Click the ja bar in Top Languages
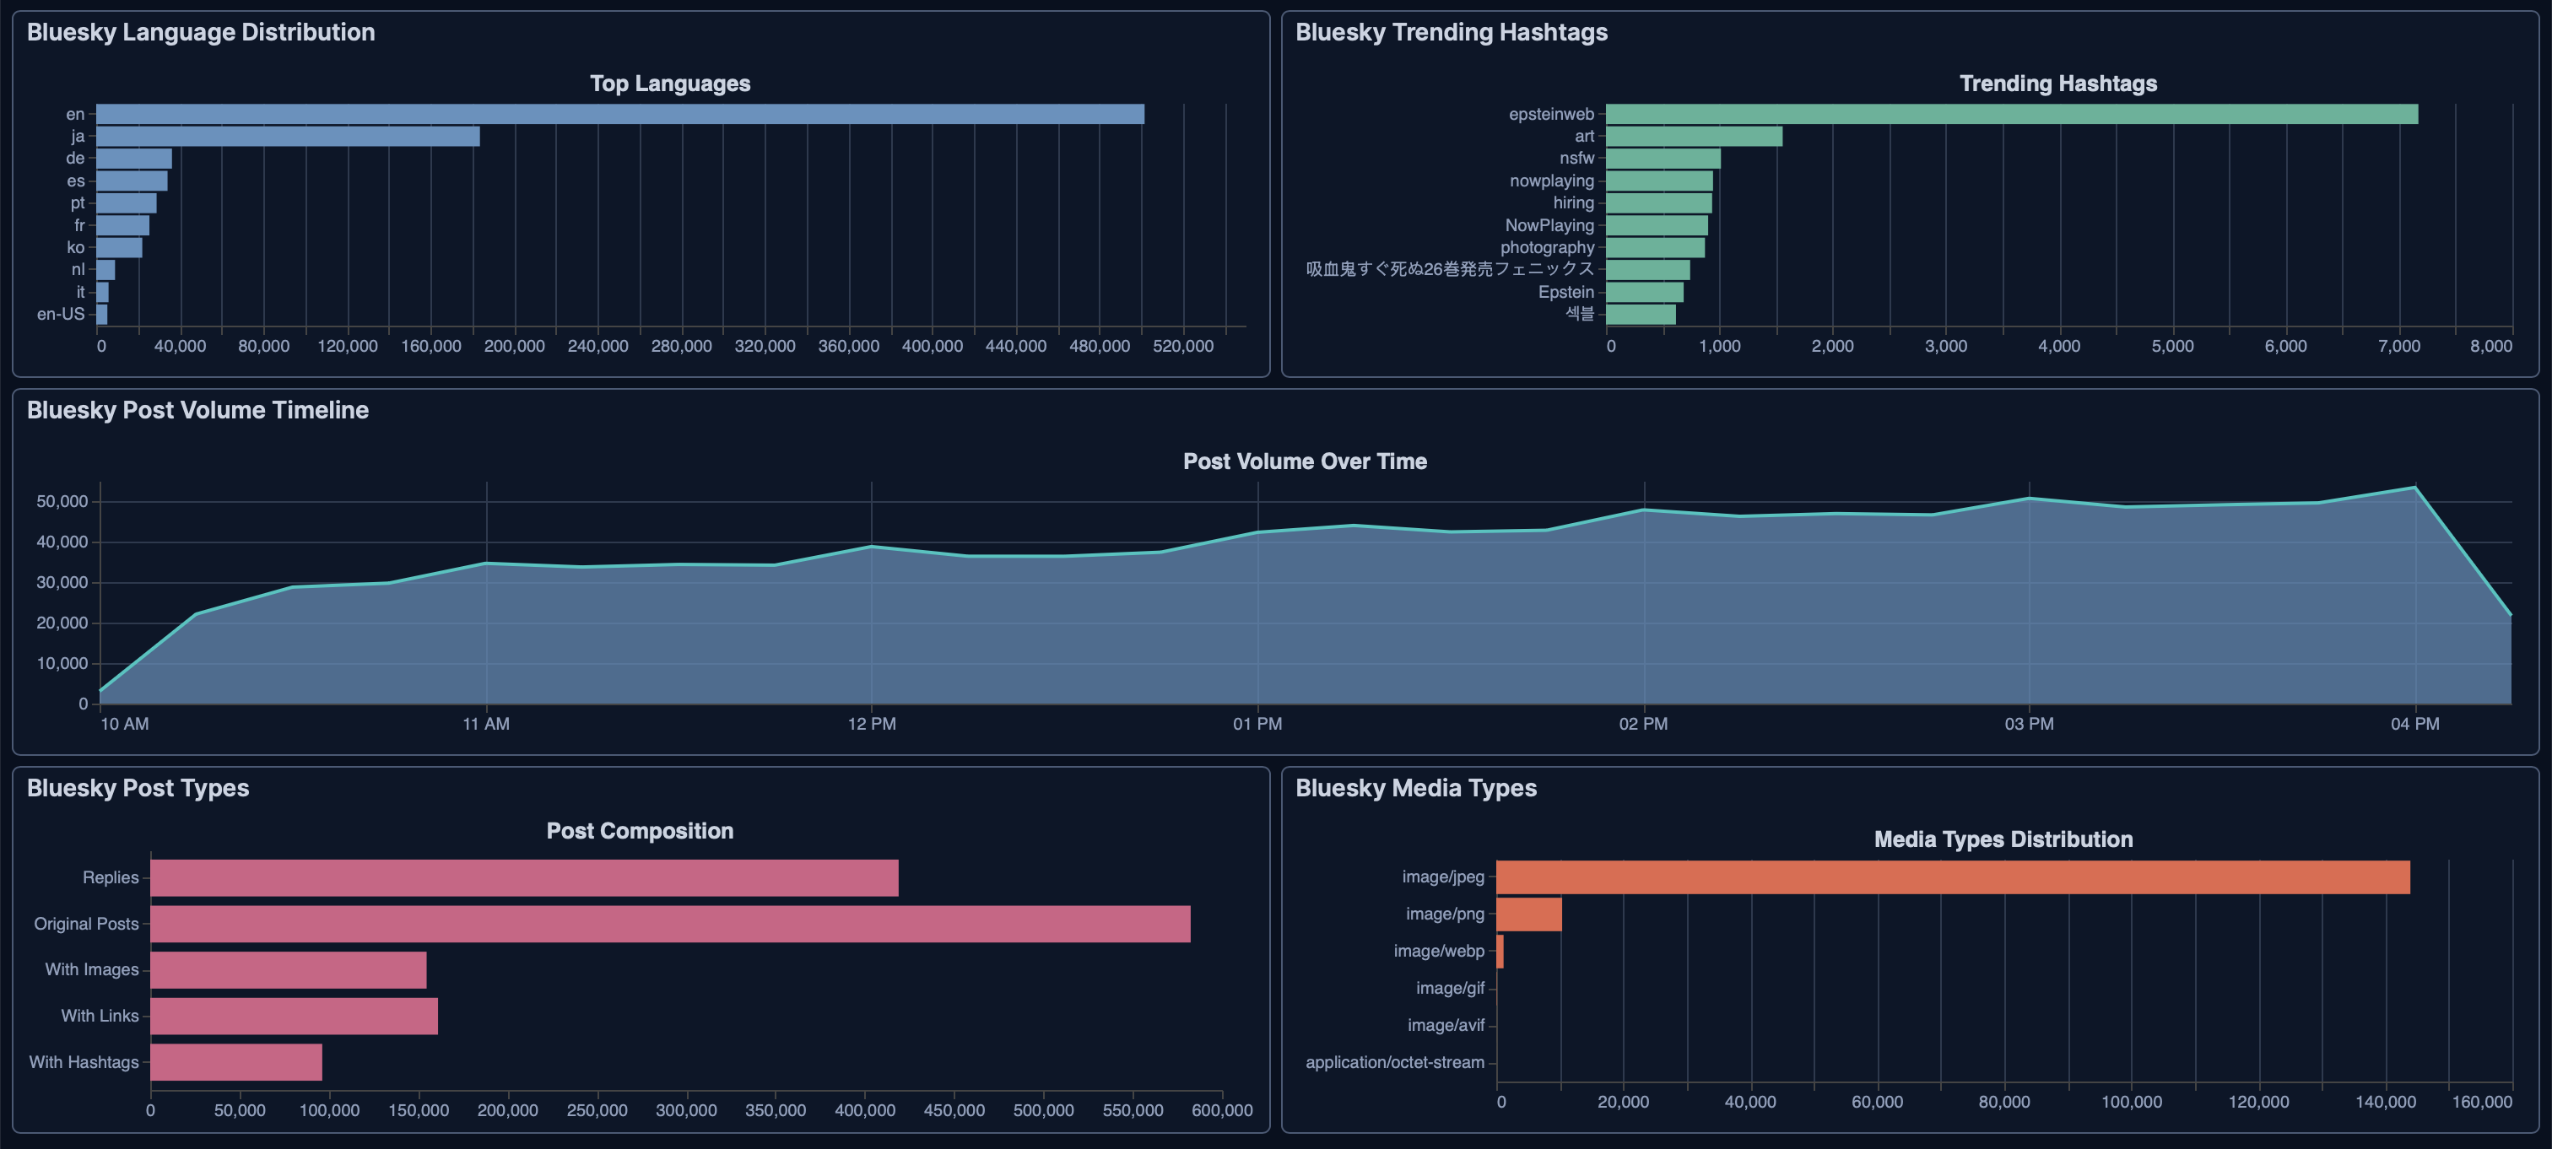287,137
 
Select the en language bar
620,114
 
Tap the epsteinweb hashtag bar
2011,114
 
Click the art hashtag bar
1693,137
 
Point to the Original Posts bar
670,923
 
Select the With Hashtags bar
235,1062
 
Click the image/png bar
1528,914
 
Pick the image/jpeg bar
1952,877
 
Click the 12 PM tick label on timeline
872,724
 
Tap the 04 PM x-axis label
2414,724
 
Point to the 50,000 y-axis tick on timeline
62,501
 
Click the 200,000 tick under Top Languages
514,346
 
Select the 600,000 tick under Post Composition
1221,1110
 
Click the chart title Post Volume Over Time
1304,461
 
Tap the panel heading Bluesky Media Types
1416,789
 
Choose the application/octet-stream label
1394,1062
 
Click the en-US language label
61,314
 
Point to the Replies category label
110,877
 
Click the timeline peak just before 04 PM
2414,488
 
